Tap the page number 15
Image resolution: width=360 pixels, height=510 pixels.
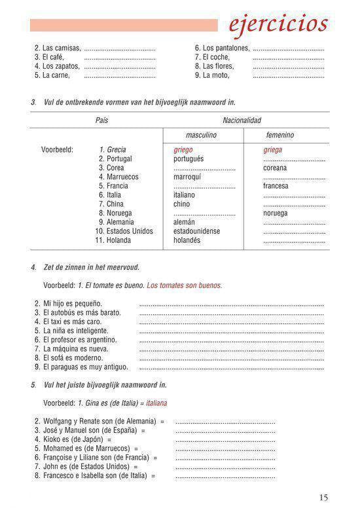point(323,498)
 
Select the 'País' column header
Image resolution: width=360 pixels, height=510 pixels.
point(101,120)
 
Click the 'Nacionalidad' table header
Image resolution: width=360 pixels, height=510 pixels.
point(242,120)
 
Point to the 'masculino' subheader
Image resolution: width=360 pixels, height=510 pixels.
point(201,135)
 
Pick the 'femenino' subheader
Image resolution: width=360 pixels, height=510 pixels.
point(279,135)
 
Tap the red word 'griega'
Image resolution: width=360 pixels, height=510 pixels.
point(273,150)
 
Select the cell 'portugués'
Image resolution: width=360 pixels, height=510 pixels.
point(189,159)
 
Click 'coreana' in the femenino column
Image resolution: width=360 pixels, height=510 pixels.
point(275,168)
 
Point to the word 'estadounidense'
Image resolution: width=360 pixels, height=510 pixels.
point(196,231)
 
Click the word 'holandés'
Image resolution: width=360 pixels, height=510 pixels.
point(189,240)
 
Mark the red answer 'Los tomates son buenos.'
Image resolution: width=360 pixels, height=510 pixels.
point(185,285)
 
